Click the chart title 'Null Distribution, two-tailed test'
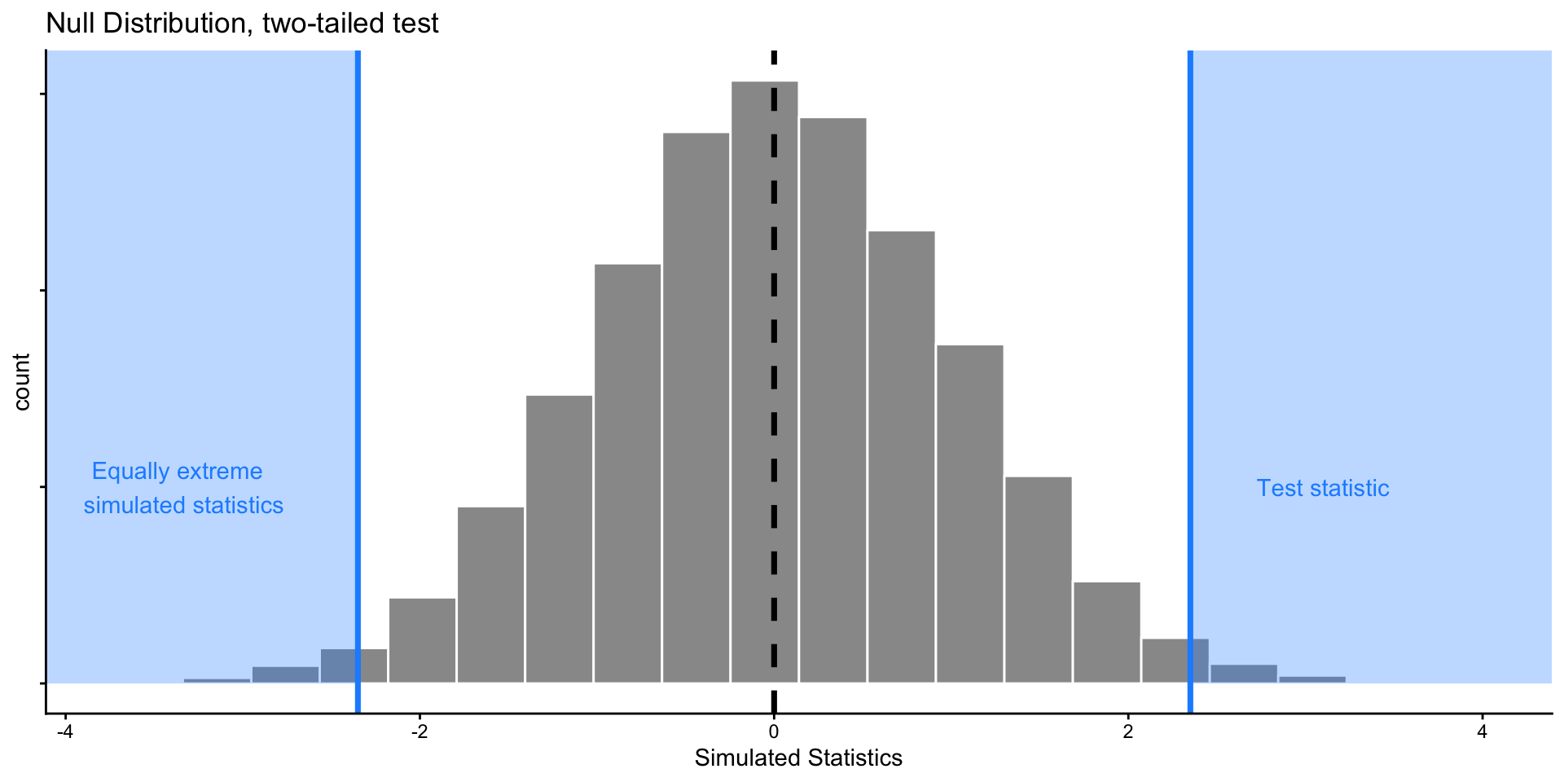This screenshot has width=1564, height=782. point(242,23)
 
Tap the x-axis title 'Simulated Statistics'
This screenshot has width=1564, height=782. point(797,758)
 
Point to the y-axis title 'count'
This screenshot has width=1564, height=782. point(22,381)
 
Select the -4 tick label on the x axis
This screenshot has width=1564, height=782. point(65,732)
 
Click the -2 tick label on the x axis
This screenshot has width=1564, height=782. point(420,732)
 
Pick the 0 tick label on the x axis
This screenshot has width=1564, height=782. point(774,732)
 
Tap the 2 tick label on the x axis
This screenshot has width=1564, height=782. point(1128,732)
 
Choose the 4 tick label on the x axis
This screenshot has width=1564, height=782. point(1482,732)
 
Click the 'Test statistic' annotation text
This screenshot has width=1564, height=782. point(1322,488)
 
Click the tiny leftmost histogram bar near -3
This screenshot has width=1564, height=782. point(217,680)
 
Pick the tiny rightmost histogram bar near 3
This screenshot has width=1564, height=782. point(1311,679)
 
